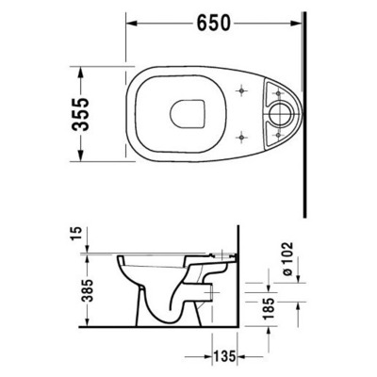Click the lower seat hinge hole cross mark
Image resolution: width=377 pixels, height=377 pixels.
[244, 135]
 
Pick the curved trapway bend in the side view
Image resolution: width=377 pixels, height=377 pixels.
[175, 306]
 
